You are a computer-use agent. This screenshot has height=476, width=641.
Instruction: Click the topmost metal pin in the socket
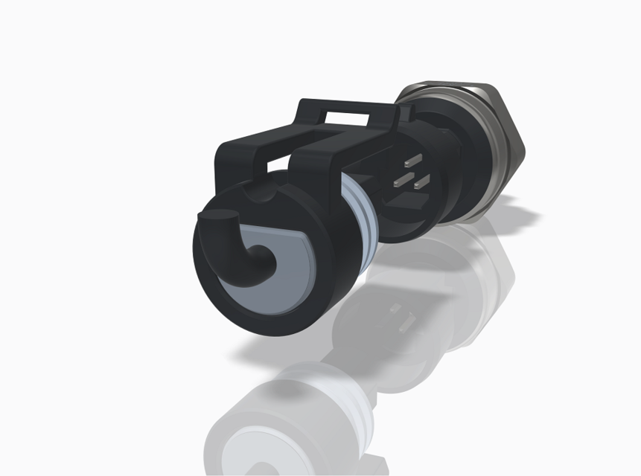(410, 160)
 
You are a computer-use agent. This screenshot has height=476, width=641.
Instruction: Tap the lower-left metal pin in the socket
(403, 180)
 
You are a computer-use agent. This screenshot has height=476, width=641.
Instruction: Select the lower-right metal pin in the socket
(422, 180)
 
